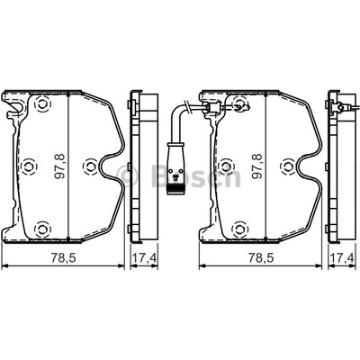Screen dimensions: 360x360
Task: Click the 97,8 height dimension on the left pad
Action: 59,166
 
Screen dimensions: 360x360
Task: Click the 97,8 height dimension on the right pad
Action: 257,166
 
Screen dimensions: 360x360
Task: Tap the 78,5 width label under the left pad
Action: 62,258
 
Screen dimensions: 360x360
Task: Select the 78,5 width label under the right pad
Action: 260,258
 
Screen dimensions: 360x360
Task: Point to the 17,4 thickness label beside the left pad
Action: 145,258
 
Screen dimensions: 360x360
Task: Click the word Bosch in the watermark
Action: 196,175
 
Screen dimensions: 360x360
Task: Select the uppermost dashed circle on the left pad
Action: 42,103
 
